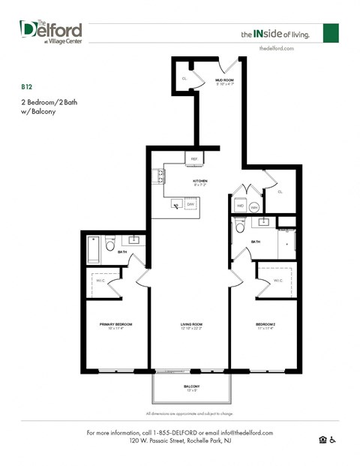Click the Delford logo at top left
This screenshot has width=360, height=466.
pyautogui.click(x=50, y=32)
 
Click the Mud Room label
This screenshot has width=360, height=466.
pyautogui.click(x=225, y=81)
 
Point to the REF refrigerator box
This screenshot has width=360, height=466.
pyautogui.click(x=193, y=159)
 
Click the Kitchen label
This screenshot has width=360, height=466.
pyautogui.click(x=200, y=181)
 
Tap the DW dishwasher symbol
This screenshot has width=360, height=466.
pyautogui.click(x=191, y=204)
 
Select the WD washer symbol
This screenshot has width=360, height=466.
pyautogui.click(x=241, y=205)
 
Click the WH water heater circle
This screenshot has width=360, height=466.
pyautogui.click(x=254, y=206)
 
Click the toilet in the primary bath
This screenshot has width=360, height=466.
pyautogui.click(x=109, y=245)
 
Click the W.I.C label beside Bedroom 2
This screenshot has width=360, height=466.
pyautogui.click(x=277, y=281)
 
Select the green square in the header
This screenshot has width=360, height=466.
pyautogui.click(x=331, y=33)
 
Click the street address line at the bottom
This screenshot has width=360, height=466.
pyautogui.click(x=178, y=441)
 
